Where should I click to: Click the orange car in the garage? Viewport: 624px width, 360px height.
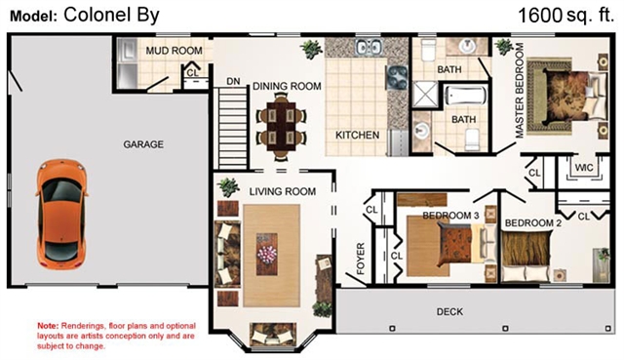tap(62, 215)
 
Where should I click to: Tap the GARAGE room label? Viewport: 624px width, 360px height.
tap(143, 144)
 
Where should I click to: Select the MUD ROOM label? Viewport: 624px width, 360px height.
tap(174, 51)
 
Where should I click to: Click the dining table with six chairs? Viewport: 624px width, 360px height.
tap(282, 127)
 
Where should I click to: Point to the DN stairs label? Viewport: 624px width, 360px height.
tap(233, 82)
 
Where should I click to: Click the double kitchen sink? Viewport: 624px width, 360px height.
tap(369, 47)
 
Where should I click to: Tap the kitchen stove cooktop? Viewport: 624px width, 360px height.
tap(397, 77)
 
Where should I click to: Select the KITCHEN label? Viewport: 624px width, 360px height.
tap(357, 136)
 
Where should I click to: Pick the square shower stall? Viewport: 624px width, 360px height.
tap(426, 95)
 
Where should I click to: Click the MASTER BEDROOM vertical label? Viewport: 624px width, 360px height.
tap(520, 91)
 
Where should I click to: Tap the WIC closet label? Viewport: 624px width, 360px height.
tap(584, 168)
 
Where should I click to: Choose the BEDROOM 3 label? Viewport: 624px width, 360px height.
tap(450, 216)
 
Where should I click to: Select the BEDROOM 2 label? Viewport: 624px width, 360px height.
tap(533, 223)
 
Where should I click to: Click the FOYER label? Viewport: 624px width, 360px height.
tap(361, 259)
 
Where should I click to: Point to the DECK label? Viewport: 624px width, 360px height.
tap(449, 312)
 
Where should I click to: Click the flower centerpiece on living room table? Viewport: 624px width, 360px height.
tap(266, 254)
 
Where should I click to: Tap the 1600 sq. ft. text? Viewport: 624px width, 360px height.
tap(565, 16)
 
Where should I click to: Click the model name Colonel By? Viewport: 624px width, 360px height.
tap(111, 16)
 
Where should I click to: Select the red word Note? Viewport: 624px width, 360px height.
tap(48, 326)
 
